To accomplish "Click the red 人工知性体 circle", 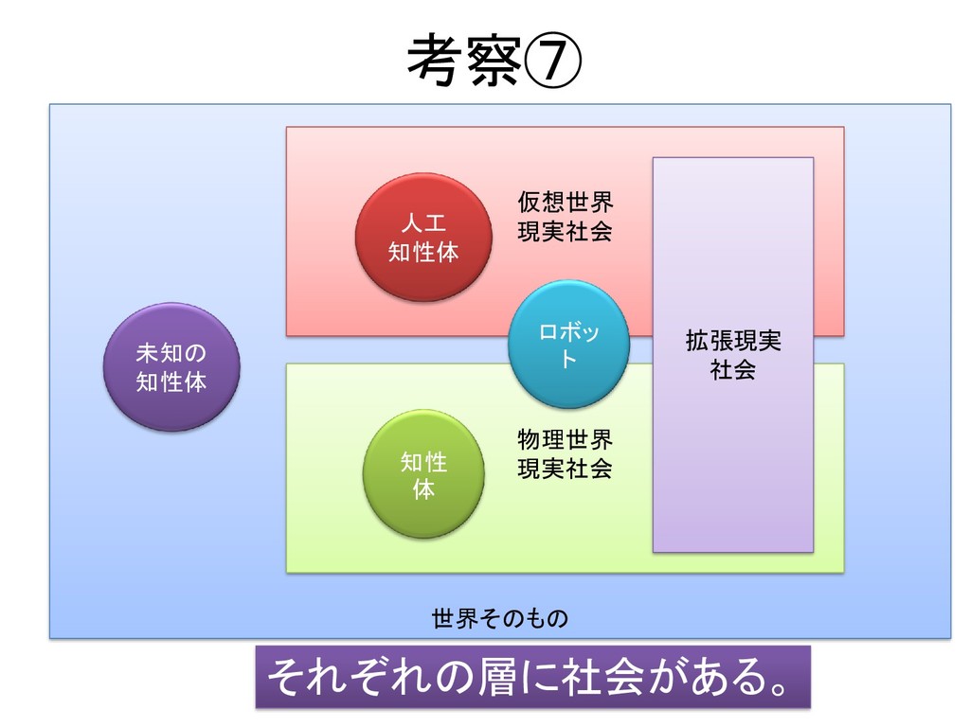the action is click(423, 238).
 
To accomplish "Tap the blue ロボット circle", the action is click(568, 345).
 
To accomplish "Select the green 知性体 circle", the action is click(423, 474).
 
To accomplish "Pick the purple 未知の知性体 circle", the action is click(171, 367).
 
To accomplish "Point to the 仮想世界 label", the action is click(565, 203).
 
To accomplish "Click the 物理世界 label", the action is click(565, 440).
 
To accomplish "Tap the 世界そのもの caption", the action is click(500, 620).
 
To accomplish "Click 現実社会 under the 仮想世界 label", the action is click(565, 232).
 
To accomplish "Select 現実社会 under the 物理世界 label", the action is click(565, 469).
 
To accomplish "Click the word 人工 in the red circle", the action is click(423, 223).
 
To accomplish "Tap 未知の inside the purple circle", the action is click(171, 353).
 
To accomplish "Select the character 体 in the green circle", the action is click(423, 489).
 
